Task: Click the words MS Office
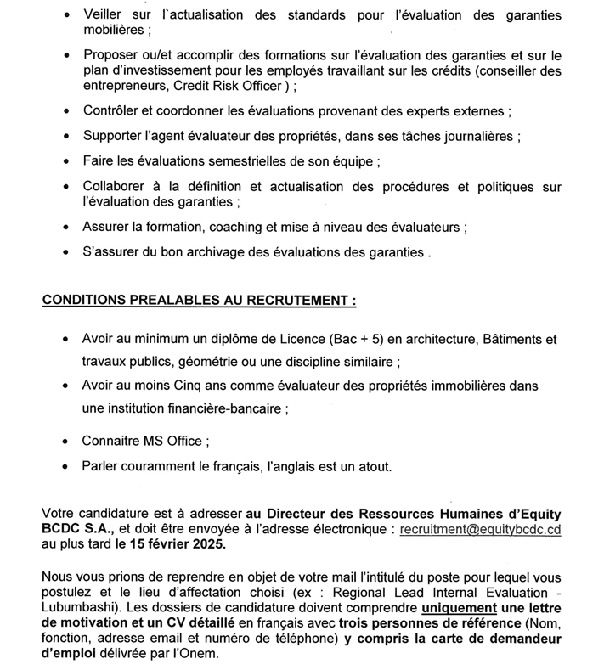171,443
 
